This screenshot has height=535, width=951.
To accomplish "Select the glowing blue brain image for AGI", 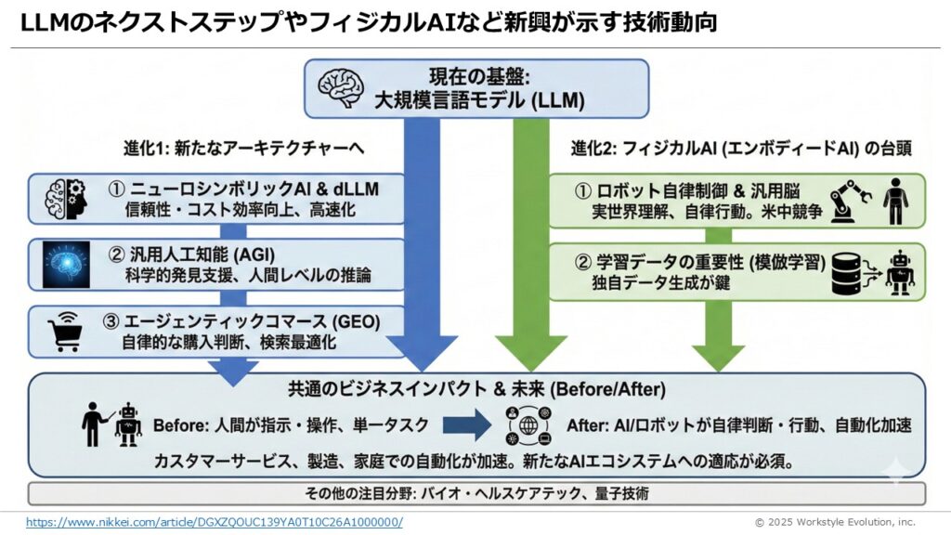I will click(x=67, y=265).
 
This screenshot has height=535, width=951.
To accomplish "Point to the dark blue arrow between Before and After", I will click(x=465, y=425).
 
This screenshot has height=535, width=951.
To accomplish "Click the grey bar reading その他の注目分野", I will click(x=476, y=492).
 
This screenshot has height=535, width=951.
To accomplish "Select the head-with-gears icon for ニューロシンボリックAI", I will click(x=65, y=198).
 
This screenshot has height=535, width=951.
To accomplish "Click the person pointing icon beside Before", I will click(x=97, y=426).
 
